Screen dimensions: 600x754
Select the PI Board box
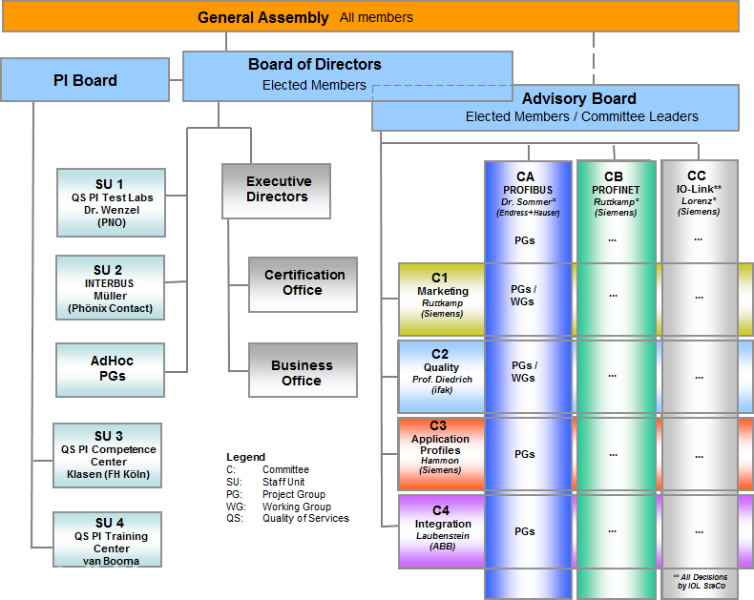pos(85,80)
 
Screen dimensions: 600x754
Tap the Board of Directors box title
pos(314,65)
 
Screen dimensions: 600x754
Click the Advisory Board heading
pos(578,98)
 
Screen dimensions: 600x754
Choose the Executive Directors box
pos(277,189)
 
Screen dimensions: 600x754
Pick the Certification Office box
pos(303,282)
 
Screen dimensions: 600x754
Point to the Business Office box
pos(302,372)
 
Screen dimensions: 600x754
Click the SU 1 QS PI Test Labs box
pos(110,202)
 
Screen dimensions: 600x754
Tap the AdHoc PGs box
pos(112,368)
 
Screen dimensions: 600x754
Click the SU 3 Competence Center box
pos(108,455)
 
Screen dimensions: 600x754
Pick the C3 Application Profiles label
pos(442,445)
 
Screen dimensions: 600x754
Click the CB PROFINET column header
pos(615,194)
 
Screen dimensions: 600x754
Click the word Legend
pos(245,457)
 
